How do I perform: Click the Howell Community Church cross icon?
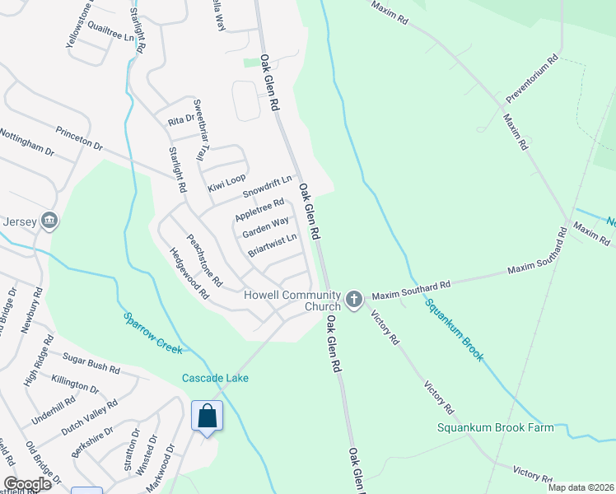pyautogui.click(x=354, y=299)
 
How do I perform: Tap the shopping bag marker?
pyautogui.click(x=208, y=416)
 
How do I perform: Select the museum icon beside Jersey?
pyautogui.click(x=49, y=221)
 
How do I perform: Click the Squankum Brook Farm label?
pyautogui.click(x=496, y=427)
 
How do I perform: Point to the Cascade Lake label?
pyautogui.click(x=215, y=378)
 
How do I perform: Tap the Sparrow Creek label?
pyautogui.click(x=152, y=333)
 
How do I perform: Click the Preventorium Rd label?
pyautogui.click(x=532, y=78)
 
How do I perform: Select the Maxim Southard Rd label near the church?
pyautogui.click(x=410, y=288)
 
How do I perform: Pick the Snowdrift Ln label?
pyautogui.click(x=268, y=187)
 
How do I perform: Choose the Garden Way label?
pyautogui.click(x=265, y=226)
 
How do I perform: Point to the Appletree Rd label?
pyautogui.click(x=259, y=209)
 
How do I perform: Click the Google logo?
pyautogui.click(x=27, y=483)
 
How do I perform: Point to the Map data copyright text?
pyautogui.click(x=580, y=487)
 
